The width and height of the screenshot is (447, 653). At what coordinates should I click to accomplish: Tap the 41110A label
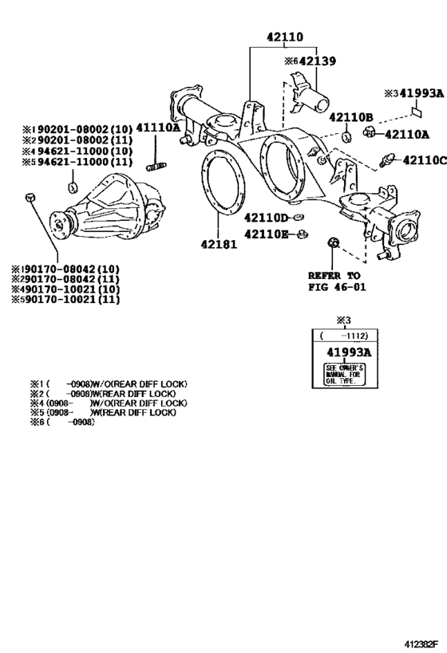tap(157, 128)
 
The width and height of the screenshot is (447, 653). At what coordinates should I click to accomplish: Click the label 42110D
tap(266, 218)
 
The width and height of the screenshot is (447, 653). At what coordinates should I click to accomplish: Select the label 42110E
tap(266, 234)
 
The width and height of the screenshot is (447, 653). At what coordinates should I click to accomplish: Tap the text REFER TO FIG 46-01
tap(335, 281)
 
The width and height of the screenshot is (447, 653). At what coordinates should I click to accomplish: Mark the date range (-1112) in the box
tap(343, 336)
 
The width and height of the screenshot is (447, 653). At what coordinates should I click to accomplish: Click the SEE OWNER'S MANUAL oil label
tap(344, 374)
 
